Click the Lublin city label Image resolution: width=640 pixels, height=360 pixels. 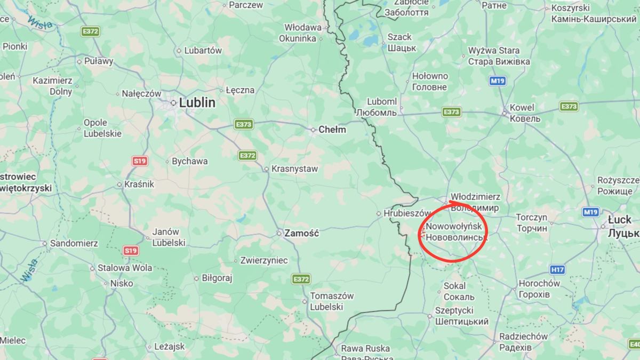pos(197,103)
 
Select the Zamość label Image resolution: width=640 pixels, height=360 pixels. pos(301,233)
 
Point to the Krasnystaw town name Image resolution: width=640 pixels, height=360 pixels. pos(294,169)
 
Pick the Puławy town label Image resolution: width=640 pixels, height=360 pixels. pos(99,61)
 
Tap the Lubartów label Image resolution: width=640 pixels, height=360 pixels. pos(203,51)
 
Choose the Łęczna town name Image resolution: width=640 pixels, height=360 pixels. pos(240,90)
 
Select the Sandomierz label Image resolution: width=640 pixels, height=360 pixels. pos(74,243)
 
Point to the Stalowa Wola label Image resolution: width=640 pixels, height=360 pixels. pos(124,268)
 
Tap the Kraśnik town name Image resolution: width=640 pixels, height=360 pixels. pos(140,184)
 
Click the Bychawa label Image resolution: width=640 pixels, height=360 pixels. pos(190,161)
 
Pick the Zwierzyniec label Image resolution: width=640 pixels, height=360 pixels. pos(264,261)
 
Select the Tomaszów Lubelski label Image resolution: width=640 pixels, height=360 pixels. pos(332,301)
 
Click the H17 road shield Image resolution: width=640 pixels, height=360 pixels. pos(558,270)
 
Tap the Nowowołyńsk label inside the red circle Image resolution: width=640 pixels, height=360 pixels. pos(454,227)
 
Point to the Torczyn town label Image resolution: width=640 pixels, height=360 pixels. pos(532,218)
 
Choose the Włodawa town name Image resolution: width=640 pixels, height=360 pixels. pos(302,27)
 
